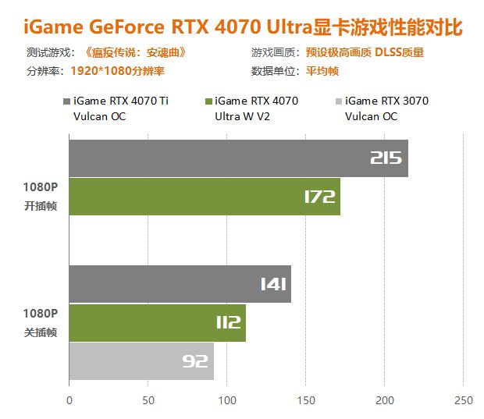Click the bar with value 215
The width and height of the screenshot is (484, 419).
[238, 158]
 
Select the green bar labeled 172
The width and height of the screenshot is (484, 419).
[205, 197]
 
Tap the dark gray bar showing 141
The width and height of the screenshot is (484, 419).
[180, 284]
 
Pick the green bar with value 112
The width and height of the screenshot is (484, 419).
[157, 322]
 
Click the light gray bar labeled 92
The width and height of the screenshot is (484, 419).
[141, 360]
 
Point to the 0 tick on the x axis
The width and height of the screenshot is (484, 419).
[69, 400]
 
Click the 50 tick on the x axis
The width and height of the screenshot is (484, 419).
[148, 400]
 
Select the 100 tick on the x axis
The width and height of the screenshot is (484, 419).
[227, 400]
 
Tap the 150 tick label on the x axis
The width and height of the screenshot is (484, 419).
[306, 400]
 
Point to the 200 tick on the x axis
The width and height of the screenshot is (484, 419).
[385, 400]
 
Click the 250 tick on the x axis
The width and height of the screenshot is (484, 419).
[464, 400]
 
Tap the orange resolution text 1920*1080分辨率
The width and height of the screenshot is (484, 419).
[117, 70]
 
